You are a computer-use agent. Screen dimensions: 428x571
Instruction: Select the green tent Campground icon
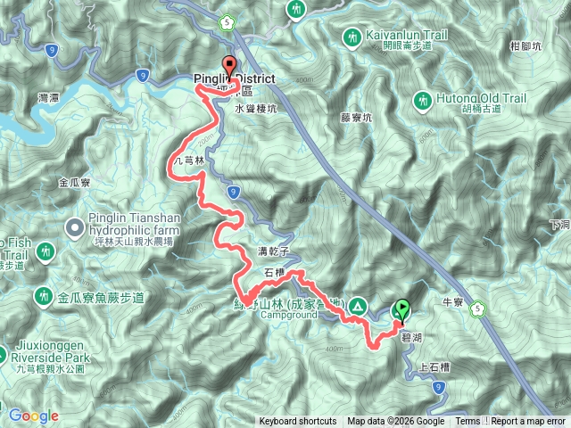click(357, 306)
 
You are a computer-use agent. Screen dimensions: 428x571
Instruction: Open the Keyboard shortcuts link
click(298, 422)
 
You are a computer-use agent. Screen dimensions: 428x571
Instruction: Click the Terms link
click(468, 422)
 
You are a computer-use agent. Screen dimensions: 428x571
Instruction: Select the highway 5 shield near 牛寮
click(477, 309)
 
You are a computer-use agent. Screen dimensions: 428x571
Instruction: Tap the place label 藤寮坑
click(354, 115)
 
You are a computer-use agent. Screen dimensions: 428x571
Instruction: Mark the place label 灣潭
click(50, 95)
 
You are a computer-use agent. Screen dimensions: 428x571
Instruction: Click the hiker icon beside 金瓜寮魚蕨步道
click(43, 295)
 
